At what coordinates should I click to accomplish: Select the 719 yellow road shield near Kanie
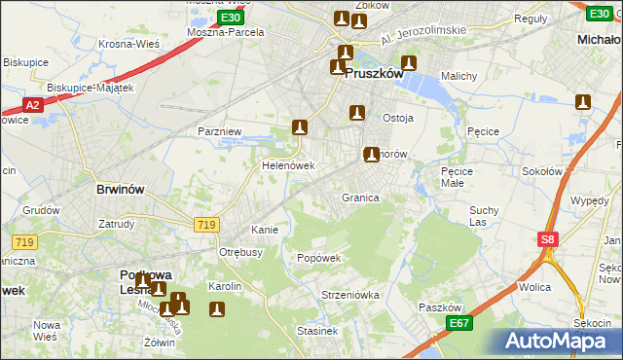pyautogui.click(x=205, y=225)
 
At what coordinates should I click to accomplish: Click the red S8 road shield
pyautogui.click(x=548, y=239)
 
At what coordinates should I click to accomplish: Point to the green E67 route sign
pyautogui.click(x=460, y=322)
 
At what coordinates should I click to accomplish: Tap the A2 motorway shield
pyautogui.click(x=32, y=105)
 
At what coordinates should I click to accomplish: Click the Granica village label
pyautogui.click(x=359, y=198)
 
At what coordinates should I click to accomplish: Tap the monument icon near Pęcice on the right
pyautogui.click(x=583, y=102)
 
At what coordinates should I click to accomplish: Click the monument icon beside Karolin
pyautogui.click(x=216, y=310)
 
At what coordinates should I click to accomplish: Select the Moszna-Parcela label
pyautogui.click(x=225, y=31)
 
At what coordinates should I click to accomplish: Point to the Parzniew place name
pyautogui.click(x=218, y=130)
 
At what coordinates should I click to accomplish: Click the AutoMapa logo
pyautogui.click(x=552, y=341)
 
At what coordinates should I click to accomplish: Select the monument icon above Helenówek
pyautogui.click(x=300, y=127)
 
